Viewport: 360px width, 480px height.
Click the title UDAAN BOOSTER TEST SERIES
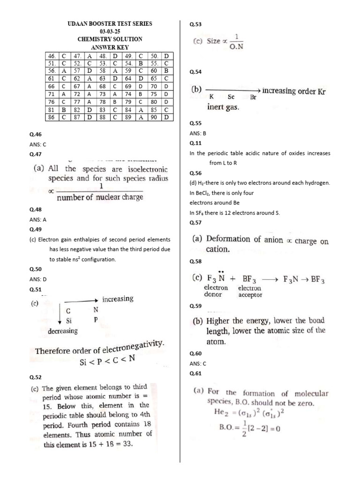pyautogui.click(x=110, y=23)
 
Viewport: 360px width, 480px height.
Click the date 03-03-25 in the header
pyautogui.click(x=110, y=31)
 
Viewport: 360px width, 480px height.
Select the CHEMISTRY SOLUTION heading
pyautogui.click(x=110, y=39)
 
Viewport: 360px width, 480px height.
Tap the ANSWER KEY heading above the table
pyautogui.click(x=110, y=47)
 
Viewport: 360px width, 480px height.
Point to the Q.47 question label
pyautogui.click(x=36, y=154)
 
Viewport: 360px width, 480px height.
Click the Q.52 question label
pyautogui.click(x=36, y=377)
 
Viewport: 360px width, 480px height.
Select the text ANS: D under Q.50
pyautogui.click(x=38, y=279)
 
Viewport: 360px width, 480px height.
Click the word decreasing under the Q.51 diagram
pyautogui.click(x=63, y=331)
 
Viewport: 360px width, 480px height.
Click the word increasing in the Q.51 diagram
pyautogui.click(x=118, y=299)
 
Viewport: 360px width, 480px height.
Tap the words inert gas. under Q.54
pyautogui.click(x=223, y=107)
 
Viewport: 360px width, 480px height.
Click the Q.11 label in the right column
pyautogui.click(x=195, y=143)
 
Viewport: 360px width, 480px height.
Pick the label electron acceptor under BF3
pyautogui.click(x=250, y=292)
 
